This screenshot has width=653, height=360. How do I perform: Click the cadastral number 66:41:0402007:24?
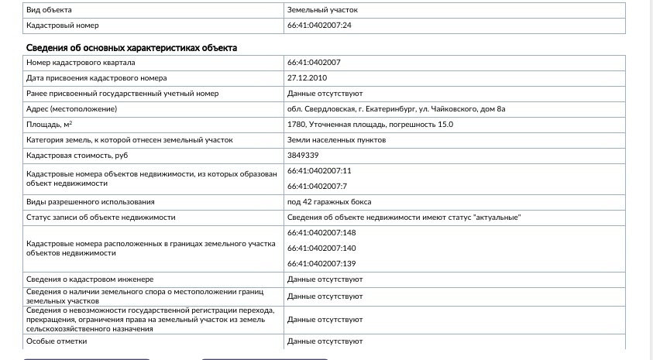[319, 26]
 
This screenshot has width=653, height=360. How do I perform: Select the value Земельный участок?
[322, 10]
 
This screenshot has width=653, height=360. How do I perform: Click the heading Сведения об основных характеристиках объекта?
[132, 48]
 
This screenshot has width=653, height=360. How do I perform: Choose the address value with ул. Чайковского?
[396, 109]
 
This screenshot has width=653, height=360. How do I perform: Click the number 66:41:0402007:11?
[319, 170]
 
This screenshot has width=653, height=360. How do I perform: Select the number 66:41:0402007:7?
[317, 186]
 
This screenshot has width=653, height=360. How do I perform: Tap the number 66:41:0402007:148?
[321, 232]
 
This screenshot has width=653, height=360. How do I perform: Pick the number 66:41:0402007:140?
[321, 248]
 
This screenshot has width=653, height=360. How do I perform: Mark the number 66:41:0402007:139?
[321, 263]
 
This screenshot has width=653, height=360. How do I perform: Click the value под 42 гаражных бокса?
[325, 201]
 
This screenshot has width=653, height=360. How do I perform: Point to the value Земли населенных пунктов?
[336, 140]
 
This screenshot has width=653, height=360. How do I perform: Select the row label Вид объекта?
[49, 10]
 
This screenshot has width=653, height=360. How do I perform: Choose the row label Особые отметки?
[57, 341]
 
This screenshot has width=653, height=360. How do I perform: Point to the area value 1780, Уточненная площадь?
[369, 125]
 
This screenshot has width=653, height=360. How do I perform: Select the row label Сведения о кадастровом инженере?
[90, 279]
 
